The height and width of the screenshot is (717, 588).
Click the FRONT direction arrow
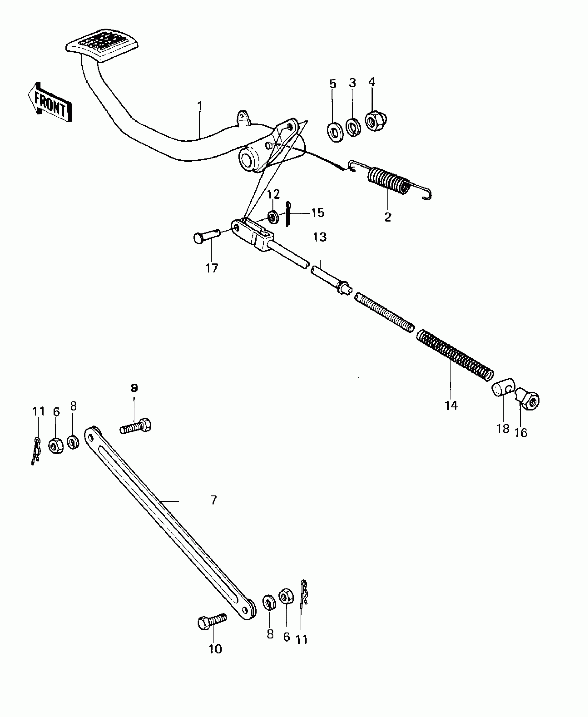click(x=49, y=102)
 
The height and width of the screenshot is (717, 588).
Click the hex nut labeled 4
click(x=376, y=121)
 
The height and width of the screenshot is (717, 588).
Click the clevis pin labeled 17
click(x=206, y=237)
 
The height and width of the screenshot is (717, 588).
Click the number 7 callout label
click(x=213, y=500)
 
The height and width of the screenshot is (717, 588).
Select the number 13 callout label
click(x=320, y=237)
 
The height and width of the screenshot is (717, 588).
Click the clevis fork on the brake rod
click(x=254, y=234)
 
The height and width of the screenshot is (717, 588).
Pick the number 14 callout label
click(x=451, y=405)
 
